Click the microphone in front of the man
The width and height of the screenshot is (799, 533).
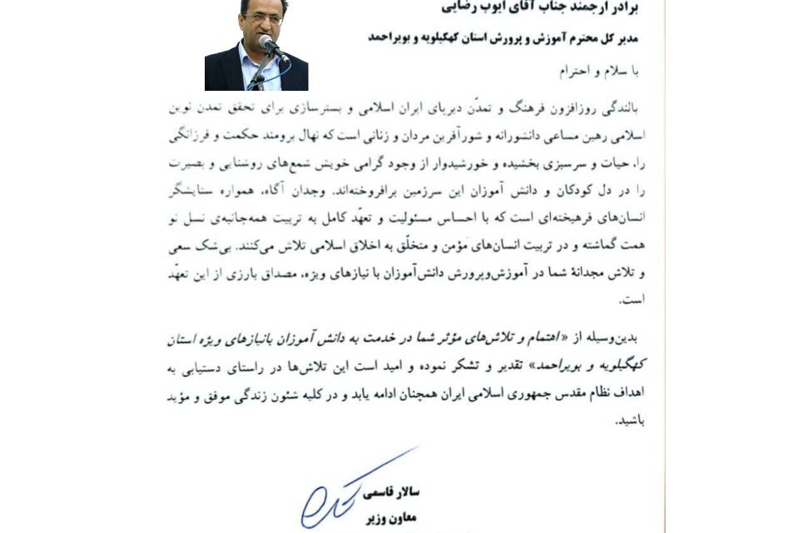[268, 43]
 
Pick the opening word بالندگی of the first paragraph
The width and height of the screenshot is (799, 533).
[616, 109]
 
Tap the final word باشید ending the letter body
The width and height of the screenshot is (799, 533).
[628, 421]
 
